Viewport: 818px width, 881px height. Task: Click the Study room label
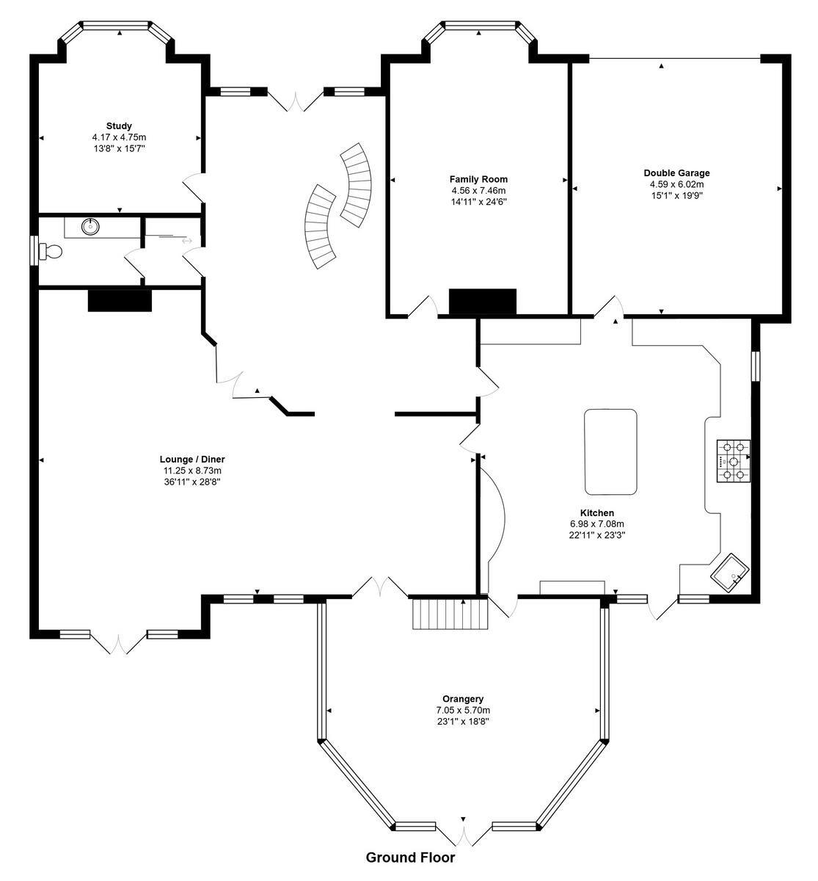pos(119,126)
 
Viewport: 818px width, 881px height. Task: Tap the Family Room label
pos(478,179)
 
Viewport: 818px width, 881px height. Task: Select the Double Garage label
pos(676,173)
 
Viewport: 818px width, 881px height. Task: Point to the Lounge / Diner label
pos(192,459)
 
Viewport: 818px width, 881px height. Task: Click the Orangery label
pos(463,699)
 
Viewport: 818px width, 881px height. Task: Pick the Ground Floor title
pos(410,858)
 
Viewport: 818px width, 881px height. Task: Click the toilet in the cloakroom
pos(50,252)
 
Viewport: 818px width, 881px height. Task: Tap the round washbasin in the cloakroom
pos(90,226)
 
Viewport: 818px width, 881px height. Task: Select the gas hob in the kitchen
pos(734,461)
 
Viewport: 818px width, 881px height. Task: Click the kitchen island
pos(610,452)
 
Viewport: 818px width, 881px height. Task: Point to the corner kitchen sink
pos(730,573)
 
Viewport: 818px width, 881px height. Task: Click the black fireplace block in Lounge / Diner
pos(120,300)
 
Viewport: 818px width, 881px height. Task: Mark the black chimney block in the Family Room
pos(483,302)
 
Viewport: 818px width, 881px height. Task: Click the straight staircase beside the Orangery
pos(450,613)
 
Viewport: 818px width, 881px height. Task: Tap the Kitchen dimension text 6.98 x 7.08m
pos(597,524)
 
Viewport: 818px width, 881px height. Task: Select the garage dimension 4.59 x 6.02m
pos(676,184)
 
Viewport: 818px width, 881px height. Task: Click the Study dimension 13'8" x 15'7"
pos(120,148)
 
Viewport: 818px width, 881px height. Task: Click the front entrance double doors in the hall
pos(295,101)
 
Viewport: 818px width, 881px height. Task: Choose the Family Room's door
pos(423,307)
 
